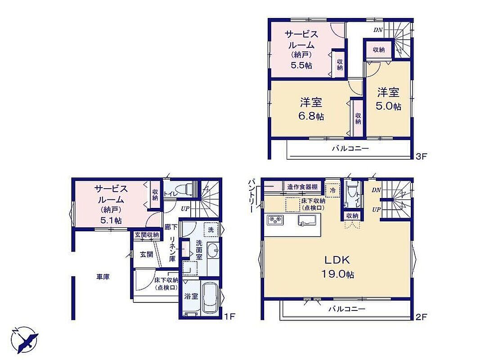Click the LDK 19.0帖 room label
pyautogui.click(x=338, y=267)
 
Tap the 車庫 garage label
pyautogui.click(x=103, y=277)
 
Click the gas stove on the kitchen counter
pyautogui.click(x=275, y=220)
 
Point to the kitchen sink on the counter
pyautogui.click(x=307, y=220)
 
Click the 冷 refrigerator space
pyautogui.click(x=333, y=190)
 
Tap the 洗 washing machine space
pyautogui.click(x=211, y=229)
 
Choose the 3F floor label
pyautogui.click(x=421, y=156)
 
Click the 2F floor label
pyautogui.click(x=421, y=317)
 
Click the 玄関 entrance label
pyautogui.click(x=146, y=255)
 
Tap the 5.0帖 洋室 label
pyautogui.click(x=388, y=99)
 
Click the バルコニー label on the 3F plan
pyautogui.click(x=350, y=148)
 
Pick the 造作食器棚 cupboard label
pyautogui.click(x=302, y=187)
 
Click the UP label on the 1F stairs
pyautogui.click(x=185, y=209)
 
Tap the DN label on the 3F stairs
pyautogui.click(x=378, y=30)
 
